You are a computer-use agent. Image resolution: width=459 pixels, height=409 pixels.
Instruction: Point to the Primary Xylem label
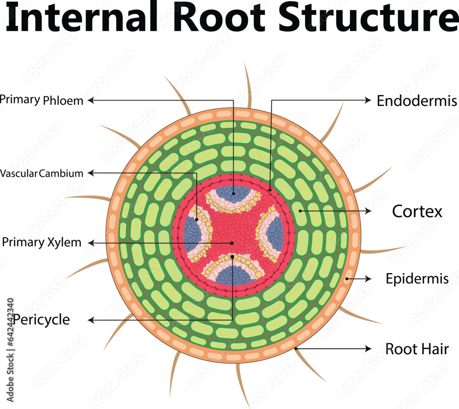pyautogui.click(x=42, y=242)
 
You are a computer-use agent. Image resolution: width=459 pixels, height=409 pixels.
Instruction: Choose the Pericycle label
pyautogui.click(x=41, y=319)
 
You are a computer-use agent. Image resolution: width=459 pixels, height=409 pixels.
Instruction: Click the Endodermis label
pyautogui.click(x=417, y=101)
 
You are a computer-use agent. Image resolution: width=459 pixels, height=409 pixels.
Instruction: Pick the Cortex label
pyautogui.click(x=417, y=211)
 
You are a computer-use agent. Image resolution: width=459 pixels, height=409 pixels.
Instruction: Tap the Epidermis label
pyautogui.click(x=416, y=278)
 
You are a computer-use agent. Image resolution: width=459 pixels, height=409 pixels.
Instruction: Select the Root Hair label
pyautogui.click(x=416, y=349)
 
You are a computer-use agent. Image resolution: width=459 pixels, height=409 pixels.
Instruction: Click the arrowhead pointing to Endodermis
pyautogui.click(x=368, y=100)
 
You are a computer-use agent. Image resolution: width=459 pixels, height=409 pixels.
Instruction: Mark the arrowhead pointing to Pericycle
pyautogui.click(x=90, y=319)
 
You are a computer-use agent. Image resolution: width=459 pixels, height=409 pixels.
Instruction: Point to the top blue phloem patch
pyautogui.click(x=234, y=193)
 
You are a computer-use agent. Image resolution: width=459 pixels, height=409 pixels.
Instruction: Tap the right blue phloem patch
pyautogui.click(x=275, y=233)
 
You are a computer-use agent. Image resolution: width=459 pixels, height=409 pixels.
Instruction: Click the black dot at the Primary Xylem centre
pyautogui.click(x=232, y=243)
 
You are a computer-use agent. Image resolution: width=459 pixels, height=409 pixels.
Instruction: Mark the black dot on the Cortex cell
pyautogui.click(x=300, y=211)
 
